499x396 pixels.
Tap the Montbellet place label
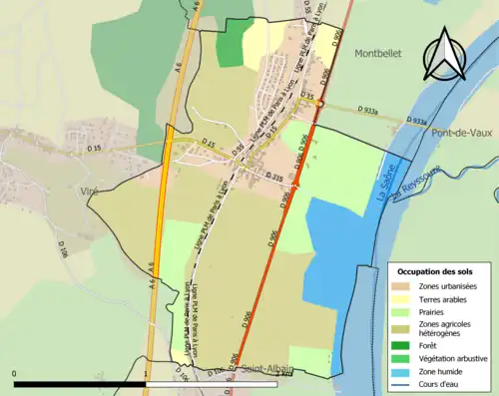click(x=377, y=56)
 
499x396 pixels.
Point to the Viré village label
click(x=66, y=188)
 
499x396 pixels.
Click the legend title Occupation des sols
click(x=436, y=271)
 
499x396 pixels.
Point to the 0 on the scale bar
click(x=14, y=374)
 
